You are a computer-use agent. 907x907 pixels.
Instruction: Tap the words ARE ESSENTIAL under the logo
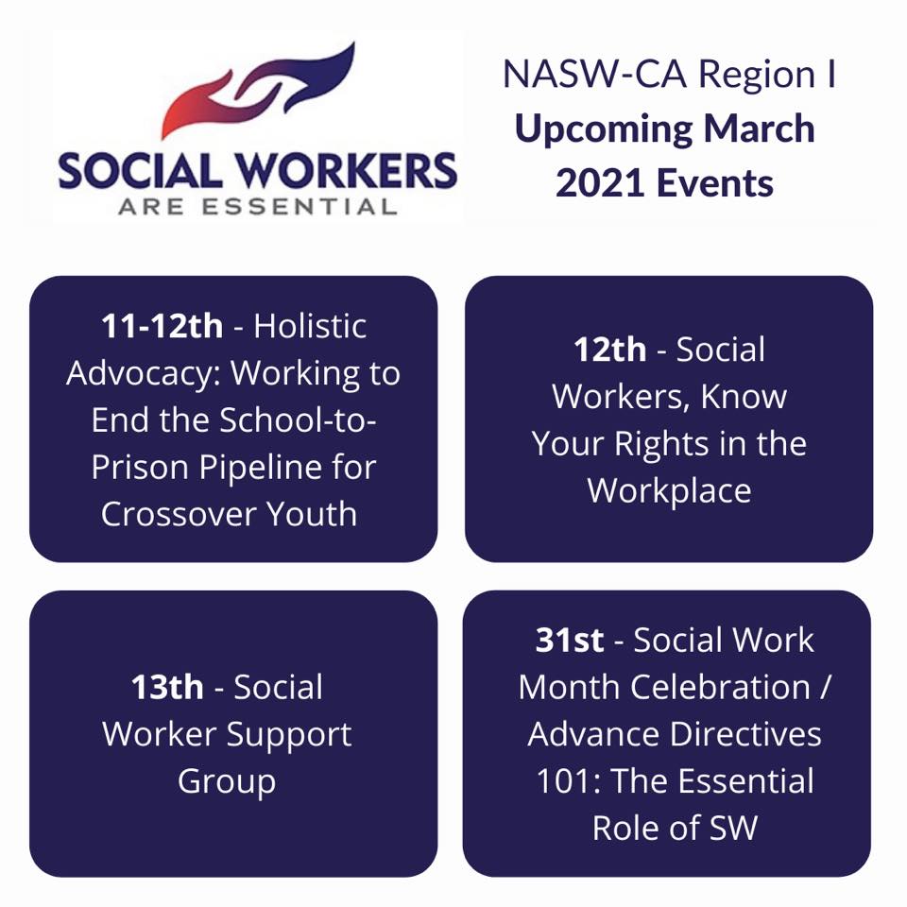258,207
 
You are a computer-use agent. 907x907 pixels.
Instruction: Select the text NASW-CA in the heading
595,75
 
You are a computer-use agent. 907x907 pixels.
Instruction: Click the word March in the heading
759,128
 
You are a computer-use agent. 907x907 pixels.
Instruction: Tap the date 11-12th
162,326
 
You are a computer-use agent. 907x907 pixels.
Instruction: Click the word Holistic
310,326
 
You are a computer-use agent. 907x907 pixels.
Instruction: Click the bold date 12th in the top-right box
609,350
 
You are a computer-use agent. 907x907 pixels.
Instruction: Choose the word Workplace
669,491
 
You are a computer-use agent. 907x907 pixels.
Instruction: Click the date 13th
167,687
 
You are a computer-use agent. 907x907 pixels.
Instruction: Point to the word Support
289,736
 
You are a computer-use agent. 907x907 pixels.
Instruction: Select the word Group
227,782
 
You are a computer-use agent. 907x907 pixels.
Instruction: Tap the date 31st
570,641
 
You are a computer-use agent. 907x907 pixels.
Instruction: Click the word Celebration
720,687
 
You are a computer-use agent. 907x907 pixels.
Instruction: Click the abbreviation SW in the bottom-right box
733,829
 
